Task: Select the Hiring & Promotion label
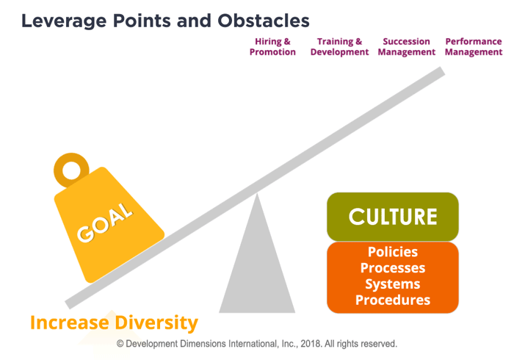272,47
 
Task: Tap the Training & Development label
339,47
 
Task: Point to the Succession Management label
406,47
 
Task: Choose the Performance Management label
474,47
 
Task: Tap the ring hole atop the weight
72,170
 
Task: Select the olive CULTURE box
392,217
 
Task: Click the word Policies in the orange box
393,252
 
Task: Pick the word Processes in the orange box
393,267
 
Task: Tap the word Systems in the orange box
393,284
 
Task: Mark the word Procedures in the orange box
393,300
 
